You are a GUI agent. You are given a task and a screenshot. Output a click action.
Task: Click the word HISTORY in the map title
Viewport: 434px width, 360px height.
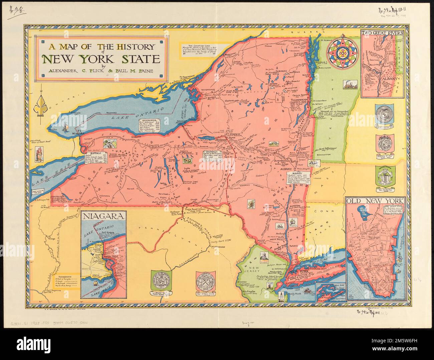click(x=133, y=47)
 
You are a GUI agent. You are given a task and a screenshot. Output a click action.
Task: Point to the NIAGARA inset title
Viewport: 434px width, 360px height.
click(x=103, y=216)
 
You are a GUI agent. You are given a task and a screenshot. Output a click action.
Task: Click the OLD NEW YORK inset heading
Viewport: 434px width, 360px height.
click(x=375, y=202)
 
